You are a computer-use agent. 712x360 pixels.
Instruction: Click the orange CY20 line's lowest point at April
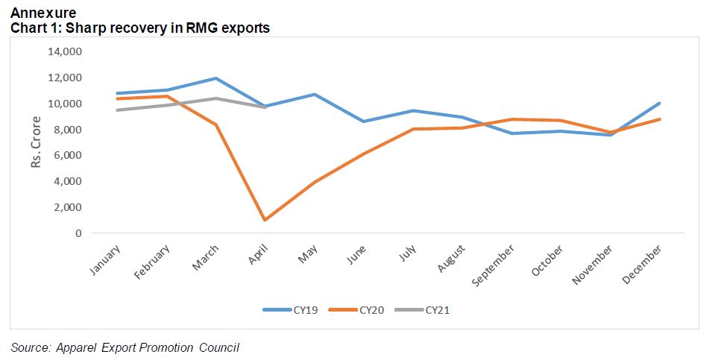point(265,220)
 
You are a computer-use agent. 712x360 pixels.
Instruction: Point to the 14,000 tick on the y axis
point(65,51)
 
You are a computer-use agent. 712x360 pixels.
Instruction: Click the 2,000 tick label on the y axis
point(68,207)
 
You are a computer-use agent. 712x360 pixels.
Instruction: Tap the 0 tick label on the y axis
point(78,233)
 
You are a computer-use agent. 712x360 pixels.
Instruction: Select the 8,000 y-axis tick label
point(68,130)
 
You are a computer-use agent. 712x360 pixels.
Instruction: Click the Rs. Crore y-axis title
point(36,142)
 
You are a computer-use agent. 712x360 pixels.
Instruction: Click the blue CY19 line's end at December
point(659,104)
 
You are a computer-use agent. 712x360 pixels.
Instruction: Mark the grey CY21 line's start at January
point(118,110)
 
